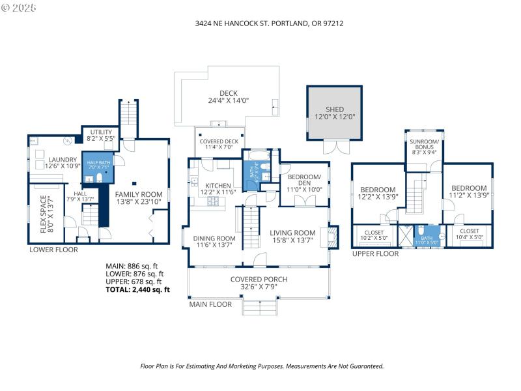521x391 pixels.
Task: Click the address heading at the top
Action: point(269,23)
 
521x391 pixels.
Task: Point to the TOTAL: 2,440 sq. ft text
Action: point(137,289)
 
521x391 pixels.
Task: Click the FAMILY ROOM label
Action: point(139,197)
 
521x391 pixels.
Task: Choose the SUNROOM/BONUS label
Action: point(424,145)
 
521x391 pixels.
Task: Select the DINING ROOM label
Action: point(214,242)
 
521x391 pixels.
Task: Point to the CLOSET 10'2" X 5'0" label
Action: point(374,235)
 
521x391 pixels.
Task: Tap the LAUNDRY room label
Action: point(63,163)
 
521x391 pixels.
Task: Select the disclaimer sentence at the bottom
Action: point(262,366)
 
